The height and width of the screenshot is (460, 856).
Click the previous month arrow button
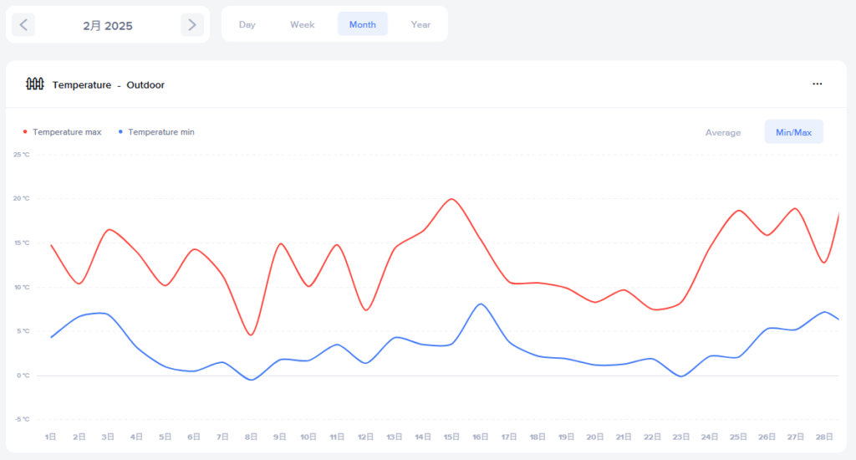point(23,25)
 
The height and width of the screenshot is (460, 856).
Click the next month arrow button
point(192,25)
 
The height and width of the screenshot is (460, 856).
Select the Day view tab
point(247,24)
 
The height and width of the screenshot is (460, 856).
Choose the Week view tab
point(302,24)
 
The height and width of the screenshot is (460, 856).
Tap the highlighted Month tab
point(362,24)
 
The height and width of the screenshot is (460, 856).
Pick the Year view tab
point(420,24)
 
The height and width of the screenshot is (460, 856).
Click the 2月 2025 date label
point(108,26)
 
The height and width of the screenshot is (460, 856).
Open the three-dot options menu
point(817,84)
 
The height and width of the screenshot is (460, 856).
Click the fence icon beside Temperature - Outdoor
point(34,84)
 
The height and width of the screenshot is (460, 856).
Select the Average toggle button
point(722,132)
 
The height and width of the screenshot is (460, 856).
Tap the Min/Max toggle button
point(793,132)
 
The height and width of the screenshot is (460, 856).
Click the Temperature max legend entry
point(66,132)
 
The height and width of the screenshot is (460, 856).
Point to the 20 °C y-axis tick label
point(22,198)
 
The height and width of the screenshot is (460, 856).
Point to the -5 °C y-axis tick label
point(22,419)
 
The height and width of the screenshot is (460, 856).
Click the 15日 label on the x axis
point(451,437)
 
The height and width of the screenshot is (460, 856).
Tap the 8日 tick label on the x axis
point(251,437)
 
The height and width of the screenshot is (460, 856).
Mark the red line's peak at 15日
point(451,199)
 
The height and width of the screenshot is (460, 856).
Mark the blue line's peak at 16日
point(480,304)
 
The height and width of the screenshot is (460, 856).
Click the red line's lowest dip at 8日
point(251,335)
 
